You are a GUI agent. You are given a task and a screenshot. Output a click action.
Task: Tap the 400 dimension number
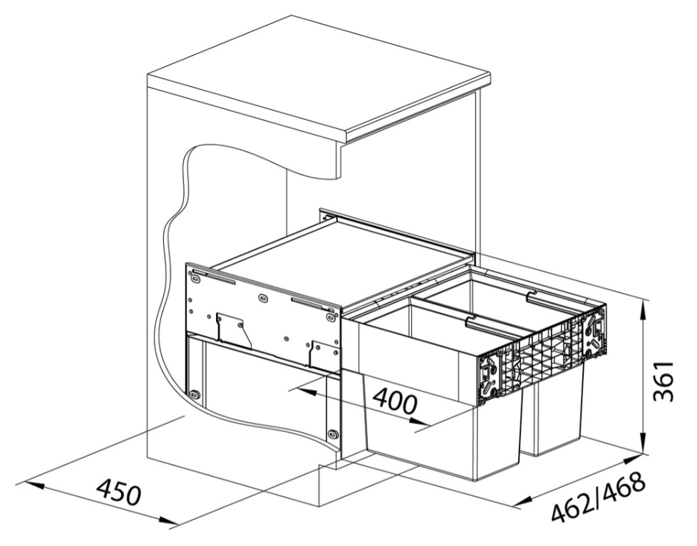tap(395, 401)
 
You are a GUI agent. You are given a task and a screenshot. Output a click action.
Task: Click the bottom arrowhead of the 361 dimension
tap(644, 445)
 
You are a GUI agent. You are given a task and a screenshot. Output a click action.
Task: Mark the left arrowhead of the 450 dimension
tap(32, 483)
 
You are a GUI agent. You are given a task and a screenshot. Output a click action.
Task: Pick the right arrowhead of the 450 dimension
tap(169, 523)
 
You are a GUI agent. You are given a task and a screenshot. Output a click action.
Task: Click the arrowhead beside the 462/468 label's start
tap(524, 502)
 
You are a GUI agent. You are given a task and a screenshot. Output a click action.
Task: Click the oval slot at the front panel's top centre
tap(263, 297)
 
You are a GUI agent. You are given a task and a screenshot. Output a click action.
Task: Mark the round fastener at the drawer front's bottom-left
tap(194, 393)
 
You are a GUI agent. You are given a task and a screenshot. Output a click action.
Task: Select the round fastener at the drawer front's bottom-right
tap(332, 433)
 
